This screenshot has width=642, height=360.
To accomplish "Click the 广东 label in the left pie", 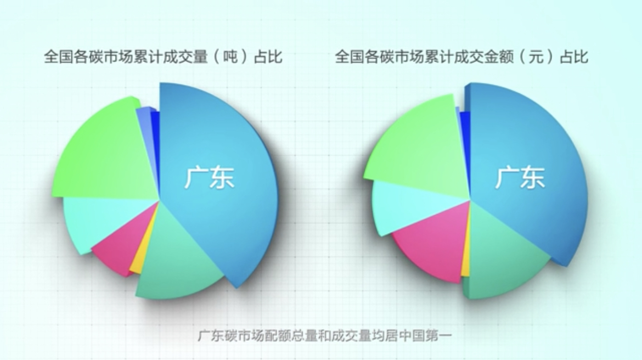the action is [209, 178].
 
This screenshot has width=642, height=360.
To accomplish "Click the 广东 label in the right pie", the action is [520, 178].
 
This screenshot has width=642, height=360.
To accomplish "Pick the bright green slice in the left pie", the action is [104, 151].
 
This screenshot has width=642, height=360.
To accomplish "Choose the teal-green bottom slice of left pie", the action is [176, 258].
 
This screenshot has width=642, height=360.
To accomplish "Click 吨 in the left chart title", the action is [230, 56].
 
